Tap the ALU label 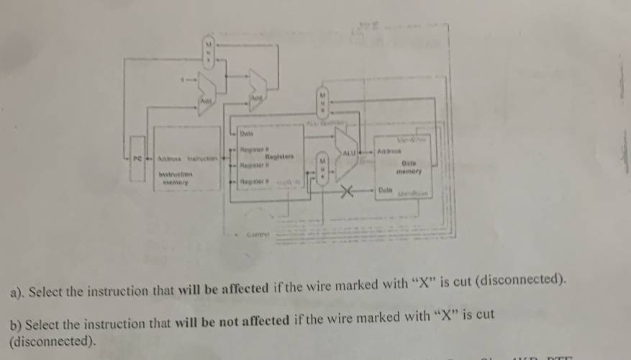[350, 153]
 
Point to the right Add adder [257, 91]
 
